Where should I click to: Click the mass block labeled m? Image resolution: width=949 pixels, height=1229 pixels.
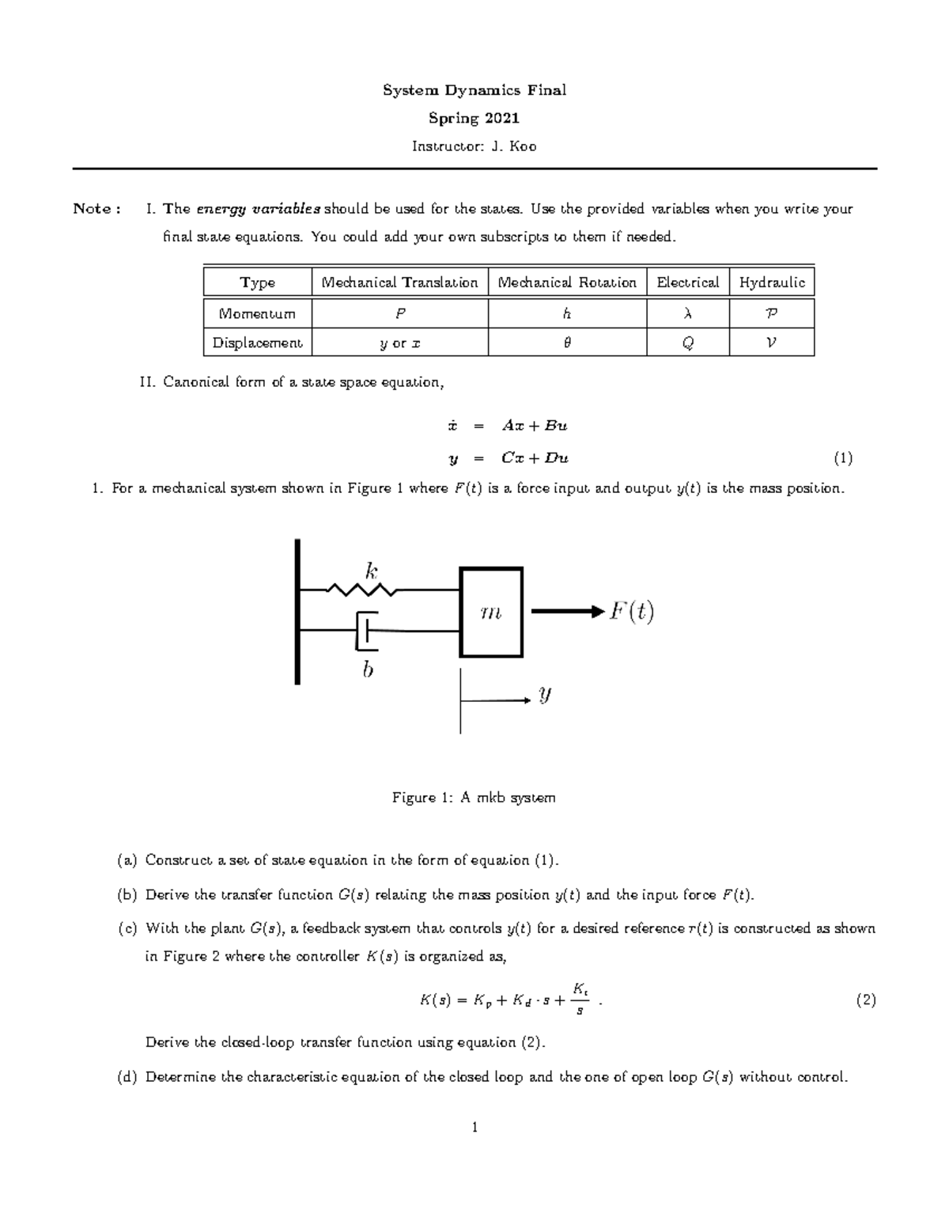click(x=491, y=612)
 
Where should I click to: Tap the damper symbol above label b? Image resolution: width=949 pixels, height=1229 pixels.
click(x=366, y=630)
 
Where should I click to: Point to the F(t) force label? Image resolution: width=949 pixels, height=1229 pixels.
click(x=631, y=612)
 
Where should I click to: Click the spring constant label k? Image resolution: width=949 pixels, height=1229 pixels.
click(x=370, y=569)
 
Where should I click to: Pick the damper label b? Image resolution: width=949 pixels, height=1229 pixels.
click(x=367, y=670)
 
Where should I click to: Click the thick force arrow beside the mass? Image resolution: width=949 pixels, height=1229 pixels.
click(x=566, y=611)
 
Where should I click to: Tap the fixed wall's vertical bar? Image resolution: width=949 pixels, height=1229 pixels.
click(x=297, y=611)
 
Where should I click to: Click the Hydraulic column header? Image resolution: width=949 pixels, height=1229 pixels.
click(x=771, y=283)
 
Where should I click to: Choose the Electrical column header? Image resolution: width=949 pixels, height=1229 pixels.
click(x=687, y=283)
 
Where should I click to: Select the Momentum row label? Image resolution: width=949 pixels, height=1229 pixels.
click(x=257, y=313)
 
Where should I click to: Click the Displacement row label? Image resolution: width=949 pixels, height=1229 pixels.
click(x=257, y=343)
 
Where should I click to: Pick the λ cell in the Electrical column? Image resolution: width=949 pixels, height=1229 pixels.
click(x=686, y=313)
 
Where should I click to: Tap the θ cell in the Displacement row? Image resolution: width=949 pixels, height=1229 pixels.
click(x=567, y=343)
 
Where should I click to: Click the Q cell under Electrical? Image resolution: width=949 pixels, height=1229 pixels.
click(x=687, y=343)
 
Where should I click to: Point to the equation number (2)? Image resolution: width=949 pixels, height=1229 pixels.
click(x=865, y=1000)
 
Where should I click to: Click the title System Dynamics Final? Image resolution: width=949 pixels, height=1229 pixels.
click(x=475, y=90)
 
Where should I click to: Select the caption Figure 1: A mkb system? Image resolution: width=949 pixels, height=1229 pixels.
click(x=474, y=797)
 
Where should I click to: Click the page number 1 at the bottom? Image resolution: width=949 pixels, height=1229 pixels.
click(x=475, y=1127)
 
